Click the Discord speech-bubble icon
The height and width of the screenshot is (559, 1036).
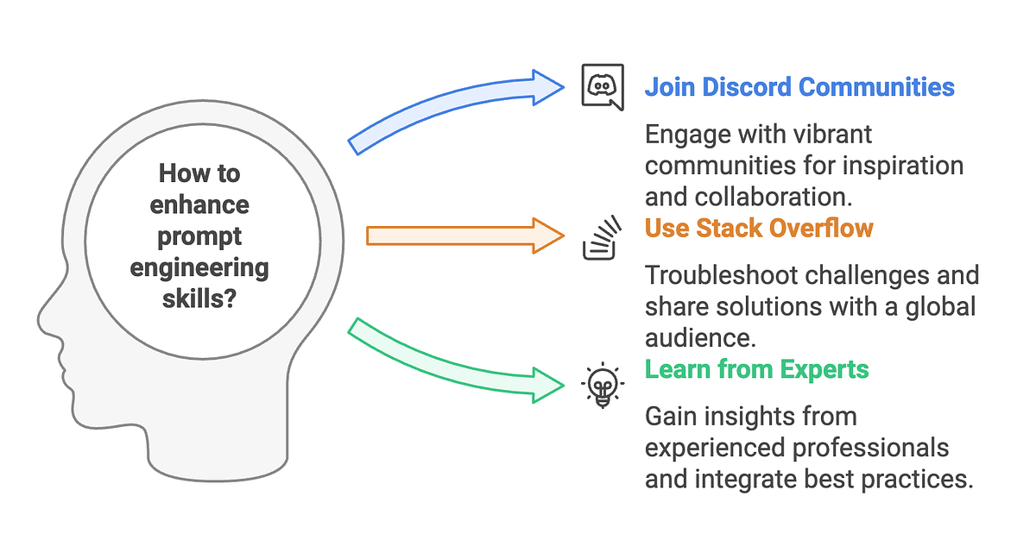pos(603,87)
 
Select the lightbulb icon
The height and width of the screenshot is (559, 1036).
pos(603,385)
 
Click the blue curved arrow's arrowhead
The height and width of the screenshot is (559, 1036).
pos(548,87)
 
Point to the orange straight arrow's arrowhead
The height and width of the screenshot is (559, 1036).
pos(548,236)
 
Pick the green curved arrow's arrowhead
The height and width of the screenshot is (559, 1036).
pos(548,386)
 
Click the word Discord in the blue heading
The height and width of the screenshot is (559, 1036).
pos(747,87)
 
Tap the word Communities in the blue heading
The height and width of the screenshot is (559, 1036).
pos(876,87)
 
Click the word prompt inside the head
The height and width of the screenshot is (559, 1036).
pos(199,237)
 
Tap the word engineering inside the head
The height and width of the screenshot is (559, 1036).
pos(199,269)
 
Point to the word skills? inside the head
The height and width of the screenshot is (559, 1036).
pos(199,298)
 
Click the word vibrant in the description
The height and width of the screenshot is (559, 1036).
pos(832,135)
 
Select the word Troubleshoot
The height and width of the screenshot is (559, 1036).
pos(722,275)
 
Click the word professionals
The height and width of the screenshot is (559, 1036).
pos(871,448)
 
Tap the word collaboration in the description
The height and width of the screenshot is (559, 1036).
pos(774,197)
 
